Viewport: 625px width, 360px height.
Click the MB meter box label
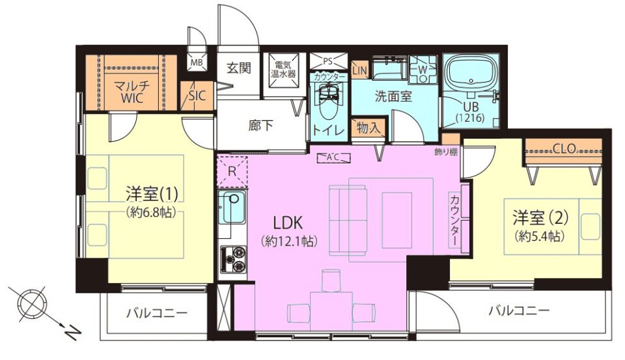tap(196, 63)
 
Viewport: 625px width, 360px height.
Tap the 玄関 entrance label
tap(239, 68)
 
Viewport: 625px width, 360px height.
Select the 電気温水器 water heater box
tap(283, 75)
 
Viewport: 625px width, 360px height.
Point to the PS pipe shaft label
tap(327, 61)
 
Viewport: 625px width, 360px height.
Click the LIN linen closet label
tap(359, 71)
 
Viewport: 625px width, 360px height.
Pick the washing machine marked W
tap(423, 69)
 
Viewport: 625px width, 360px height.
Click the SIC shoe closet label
tap(197, 96)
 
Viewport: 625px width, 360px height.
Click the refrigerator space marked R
tap(232, 172)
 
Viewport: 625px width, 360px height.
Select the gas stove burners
tap(233, 258)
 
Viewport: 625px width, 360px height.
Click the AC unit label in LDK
tap(333, 157)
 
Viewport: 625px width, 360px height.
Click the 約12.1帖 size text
tap(289, 241)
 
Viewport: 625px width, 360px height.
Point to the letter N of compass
tap(72, 331)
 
